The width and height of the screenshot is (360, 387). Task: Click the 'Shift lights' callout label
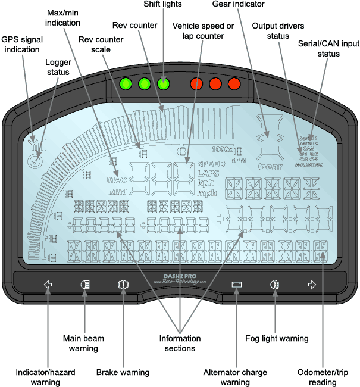(x=164, y=5)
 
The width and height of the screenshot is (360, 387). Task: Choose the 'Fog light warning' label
(x=277, y=338)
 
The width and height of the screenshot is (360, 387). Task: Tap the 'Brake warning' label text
(x=123, y=373)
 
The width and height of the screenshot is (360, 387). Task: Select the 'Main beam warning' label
(x=83, y=343)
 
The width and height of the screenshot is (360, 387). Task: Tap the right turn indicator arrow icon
(x=311, y=285)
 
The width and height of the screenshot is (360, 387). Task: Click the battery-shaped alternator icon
(x=237, y=285)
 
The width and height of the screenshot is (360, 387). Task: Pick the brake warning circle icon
(x=123, y=285)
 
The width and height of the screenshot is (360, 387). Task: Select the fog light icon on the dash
(x=274, y=285)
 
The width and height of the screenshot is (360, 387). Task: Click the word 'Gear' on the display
(x=270, y=167)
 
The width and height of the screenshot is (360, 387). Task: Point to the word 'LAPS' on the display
(x=208, y=173)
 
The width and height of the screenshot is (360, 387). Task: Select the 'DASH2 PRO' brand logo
(x=180, y=276)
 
